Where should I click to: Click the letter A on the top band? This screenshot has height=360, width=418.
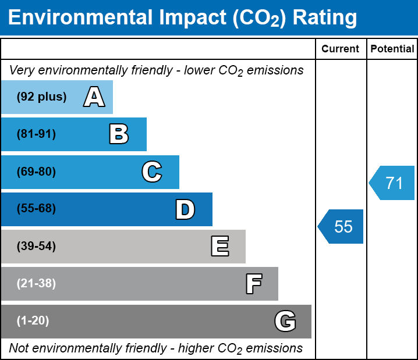point(94,97)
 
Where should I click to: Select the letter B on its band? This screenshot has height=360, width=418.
point(119,134)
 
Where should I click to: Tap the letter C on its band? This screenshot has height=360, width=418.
point(152,172)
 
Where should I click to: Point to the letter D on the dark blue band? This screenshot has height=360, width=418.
point(185,209)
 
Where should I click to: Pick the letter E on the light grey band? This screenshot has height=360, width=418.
point(220,246)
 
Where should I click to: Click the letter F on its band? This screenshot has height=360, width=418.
point(254,284)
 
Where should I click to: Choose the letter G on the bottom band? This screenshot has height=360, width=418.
point(285,321)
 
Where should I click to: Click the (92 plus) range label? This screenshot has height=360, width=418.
point(41,97)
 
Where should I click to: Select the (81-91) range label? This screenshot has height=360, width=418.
point(36,134)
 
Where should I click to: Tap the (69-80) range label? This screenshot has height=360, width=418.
point(36,172)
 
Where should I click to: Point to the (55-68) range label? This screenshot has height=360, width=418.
point(36,208)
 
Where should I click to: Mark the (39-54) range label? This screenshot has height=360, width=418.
point(36,247)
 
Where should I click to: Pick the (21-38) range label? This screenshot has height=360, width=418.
point(36,284)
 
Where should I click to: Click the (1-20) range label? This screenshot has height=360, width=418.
point(33,321)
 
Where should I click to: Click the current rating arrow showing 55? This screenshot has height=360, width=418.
point(341,227)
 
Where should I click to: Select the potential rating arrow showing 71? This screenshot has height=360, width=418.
point(392,183)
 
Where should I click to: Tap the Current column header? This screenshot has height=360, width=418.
point(340,49)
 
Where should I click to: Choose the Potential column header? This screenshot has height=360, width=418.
point(392,49)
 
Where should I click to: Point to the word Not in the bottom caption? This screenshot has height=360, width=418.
point(19,348)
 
